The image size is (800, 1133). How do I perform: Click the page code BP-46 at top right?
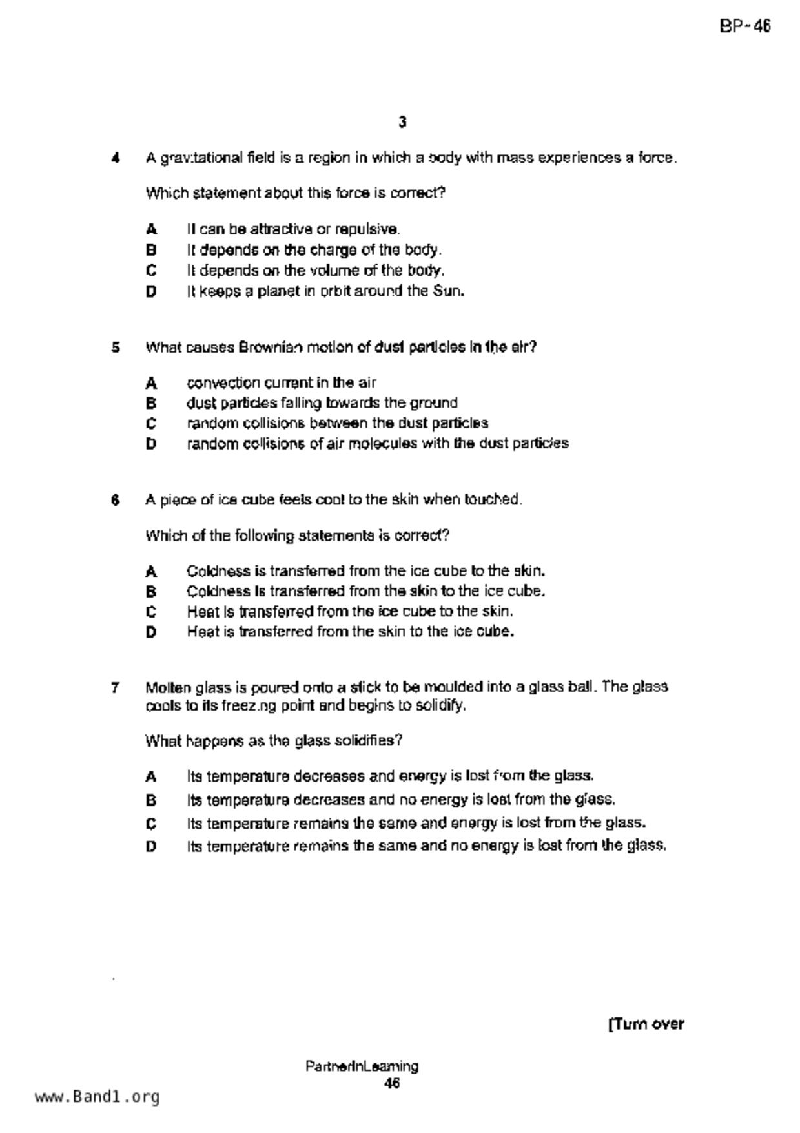tap(744, 26)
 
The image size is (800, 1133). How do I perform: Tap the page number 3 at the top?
tap(402, 122)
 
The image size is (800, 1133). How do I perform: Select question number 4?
tap(116, 158)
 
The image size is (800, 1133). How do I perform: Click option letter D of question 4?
tap(151, 291)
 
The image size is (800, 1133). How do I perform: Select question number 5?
tap(116, 348)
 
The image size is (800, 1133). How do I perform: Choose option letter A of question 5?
tap(151, 383)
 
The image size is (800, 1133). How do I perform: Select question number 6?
tap(116, 500)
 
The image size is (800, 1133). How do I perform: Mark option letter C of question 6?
tap(151, 612)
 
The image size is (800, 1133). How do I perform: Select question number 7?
tap(116, 687)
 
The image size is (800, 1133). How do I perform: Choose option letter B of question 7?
tap(151, 800)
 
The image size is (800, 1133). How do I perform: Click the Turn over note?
tap(646, 1024)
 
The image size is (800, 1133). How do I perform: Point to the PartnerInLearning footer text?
tap(362, 1066)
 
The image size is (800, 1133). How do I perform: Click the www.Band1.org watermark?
tap(97, 1097)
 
